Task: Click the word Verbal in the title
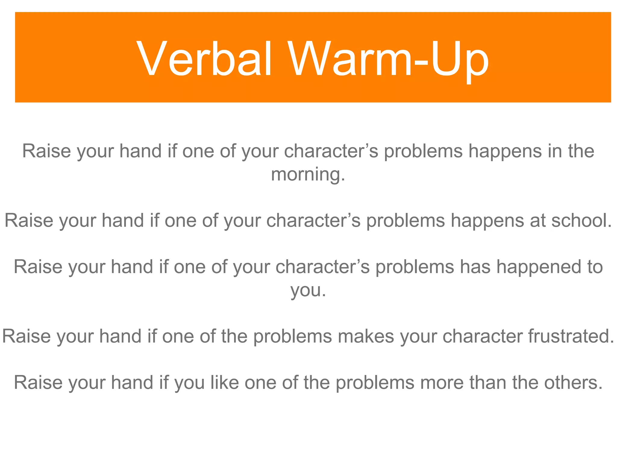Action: pyautogui.click(x=205, y=59)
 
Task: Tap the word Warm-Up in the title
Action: pyautogui.click(x=389, y=59)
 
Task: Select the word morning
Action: pyautogui.click(x=308, y=174)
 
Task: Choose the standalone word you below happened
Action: pyautogui.click(x=308, y=291)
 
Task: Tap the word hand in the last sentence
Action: pyautogui.click(x=132, y=383)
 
